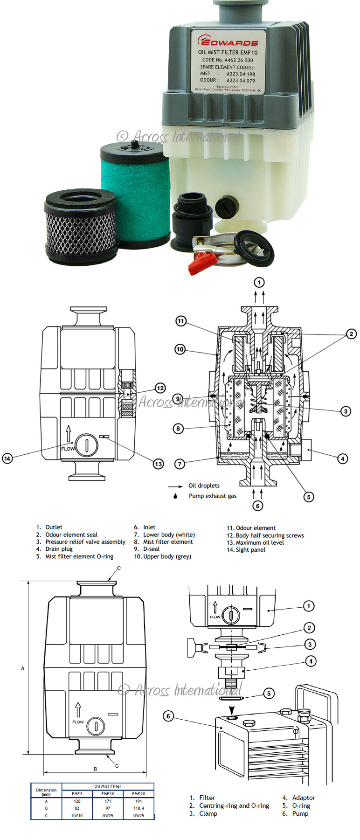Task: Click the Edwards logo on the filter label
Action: point(228,42)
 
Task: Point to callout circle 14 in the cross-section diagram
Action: point(7,458)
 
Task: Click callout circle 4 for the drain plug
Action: point(343,458)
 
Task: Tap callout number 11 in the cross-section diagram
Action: point(181,321)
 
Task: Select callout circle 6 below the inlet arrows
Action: point(258,506)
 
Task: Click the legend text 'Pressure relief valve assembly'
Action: point(85,542)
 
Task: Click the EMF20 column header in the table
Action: point(138,793)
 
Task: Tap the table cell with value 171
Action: point(108,801)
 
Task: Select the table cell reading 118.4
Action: point(138,808)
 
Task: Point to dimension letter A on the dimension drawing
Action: point(23,668)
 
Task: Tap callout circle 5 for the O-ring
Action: point(269,694)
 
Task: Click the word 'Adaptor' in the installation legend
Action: point(304,798)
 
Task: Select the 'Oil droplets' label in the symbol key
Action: point(204,486)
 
